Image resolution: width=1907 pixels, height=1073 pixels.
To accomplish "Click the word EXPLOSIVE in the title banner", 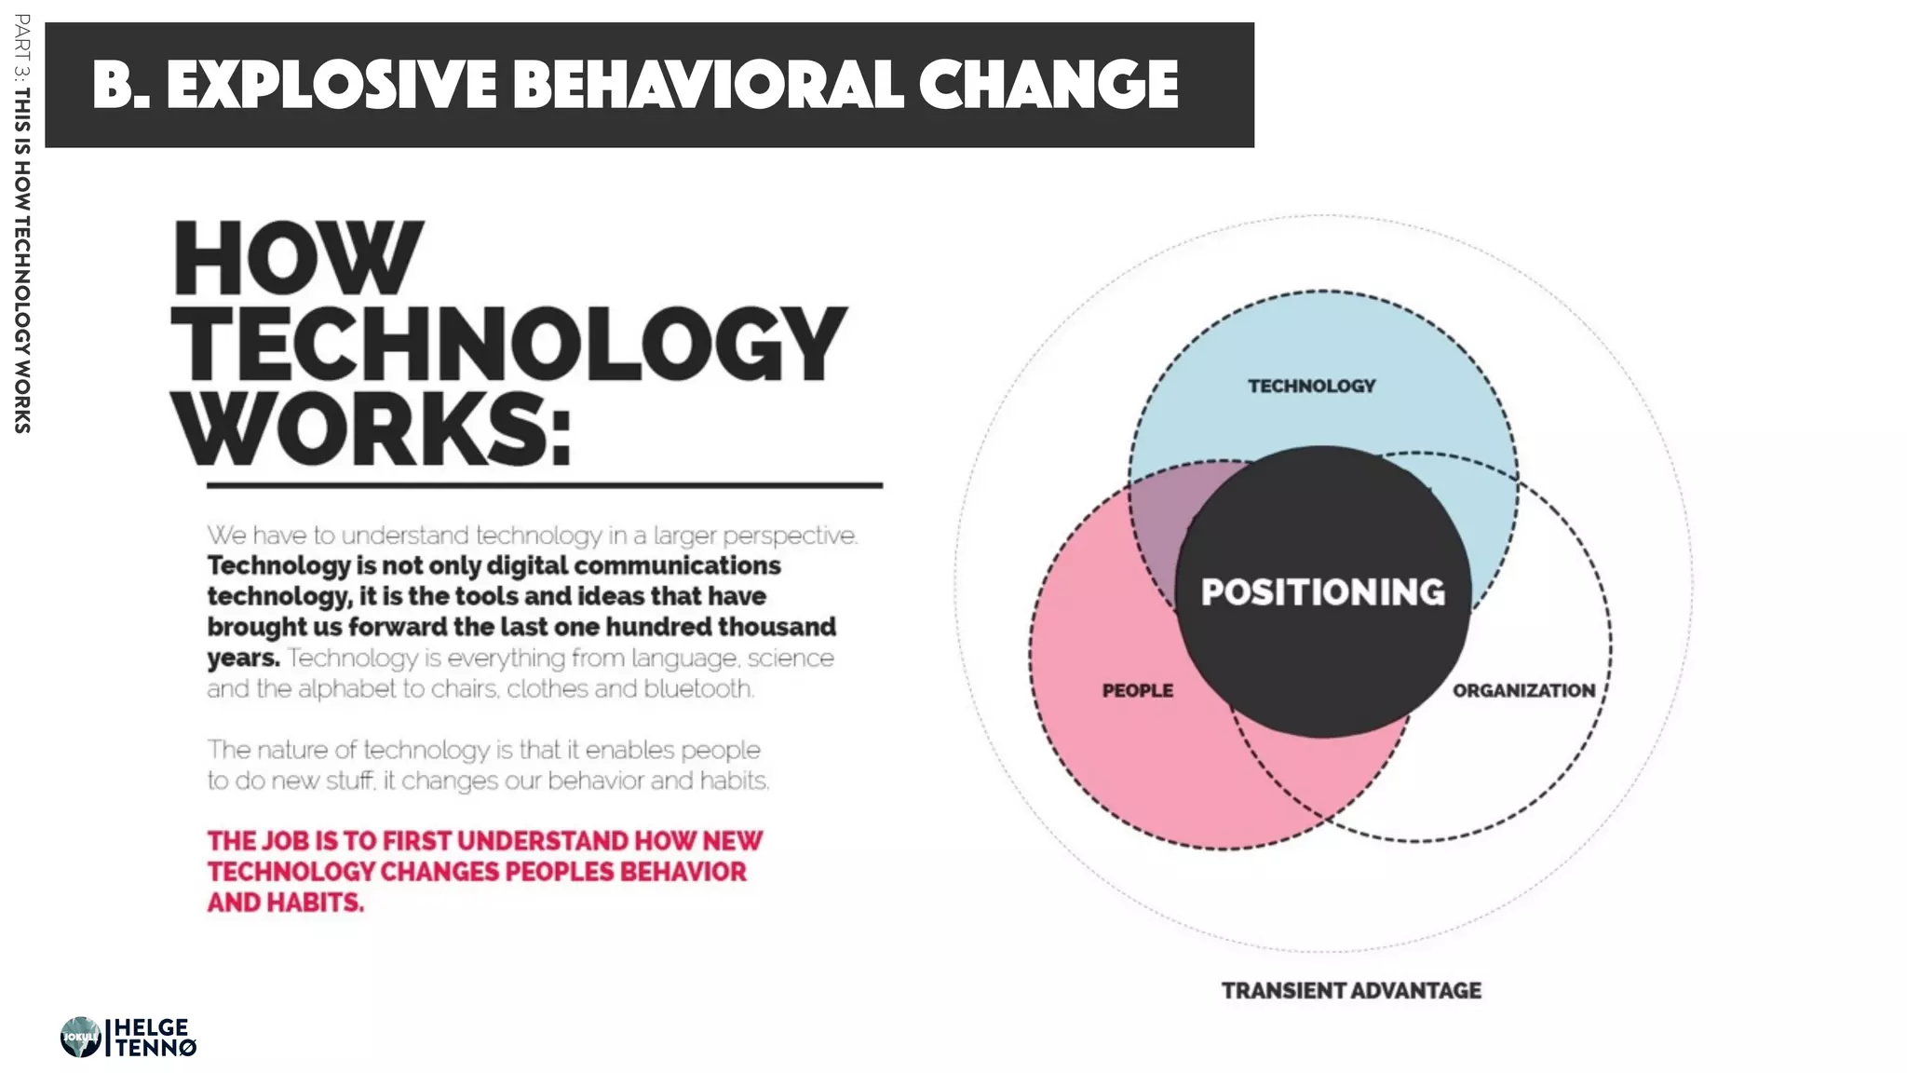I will click(x=331, y=85).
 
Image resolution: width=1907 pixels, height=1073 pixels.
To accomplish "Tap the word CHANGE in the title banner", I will click(x=1048, y=85).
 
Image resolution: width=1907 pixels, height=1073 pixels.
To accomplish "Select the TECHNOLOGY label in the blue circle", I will click(x=1311, y=386).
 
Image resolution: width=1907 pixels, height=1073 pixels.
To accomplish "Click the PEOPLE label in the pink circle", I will click(x=1137, y=690).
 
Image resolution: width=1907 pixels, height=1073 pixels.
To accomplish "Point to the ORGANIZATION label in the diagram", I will click(x=1523, y=690).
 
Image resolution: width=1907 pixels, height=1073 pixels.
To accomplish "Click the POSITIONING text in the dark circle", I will click(x=1322, y=592).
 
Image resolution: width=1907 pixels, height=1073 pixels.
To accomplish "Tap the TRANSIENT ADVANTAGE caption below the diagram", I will click(x=1351, y=990).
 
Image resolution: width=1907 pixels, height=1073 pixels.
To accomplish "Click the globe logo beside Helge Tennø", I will click(x=80, y=1037).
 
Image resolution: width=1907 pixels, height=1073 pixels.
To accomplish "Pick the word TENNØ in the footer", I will click(x=156, y=1048).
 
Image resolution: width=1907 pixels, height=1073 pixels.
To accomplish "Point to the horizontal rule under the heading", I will click(x=544, y=485).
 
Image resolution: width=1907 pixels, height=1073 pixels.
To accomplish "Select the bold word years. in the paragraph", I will click(x=243, y=659).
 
